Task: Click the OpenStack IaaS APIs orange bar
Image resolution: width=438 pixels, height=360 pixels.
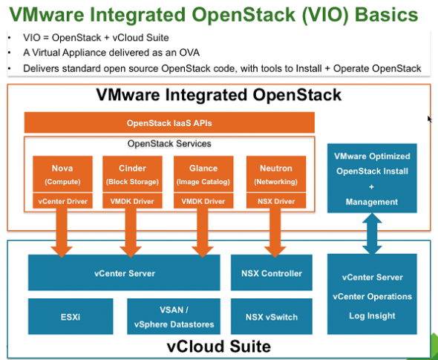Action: point(169,122)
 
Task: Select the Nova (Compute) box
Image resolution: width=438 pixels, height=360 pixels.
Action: point(62,174)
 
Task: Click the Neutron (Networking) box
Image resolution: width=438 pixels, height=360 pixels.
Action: point(275,174)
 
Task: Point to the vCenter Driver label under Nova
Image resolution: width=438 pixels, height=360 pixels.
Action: point(62,201)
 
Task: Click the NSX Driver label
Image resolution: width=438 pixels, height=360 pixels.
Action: point(275,201)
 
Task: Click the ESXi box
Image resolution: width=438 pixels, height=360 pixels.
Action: point(71,317)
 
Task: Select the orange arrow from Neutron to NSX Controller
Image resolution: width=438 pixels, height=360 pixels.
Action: point(275,232)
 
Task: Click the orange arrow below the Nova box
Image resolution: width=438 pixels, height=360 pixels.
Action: point(62,232)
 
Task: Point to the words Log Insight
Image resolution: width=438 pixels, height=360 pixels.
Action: point(372,315)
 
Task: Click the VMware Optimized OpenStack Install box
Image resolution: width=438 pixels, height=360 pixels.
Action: point(372,179)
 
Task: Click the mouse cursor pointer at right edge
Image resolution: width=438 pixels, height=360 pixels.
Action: point(430,118)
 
